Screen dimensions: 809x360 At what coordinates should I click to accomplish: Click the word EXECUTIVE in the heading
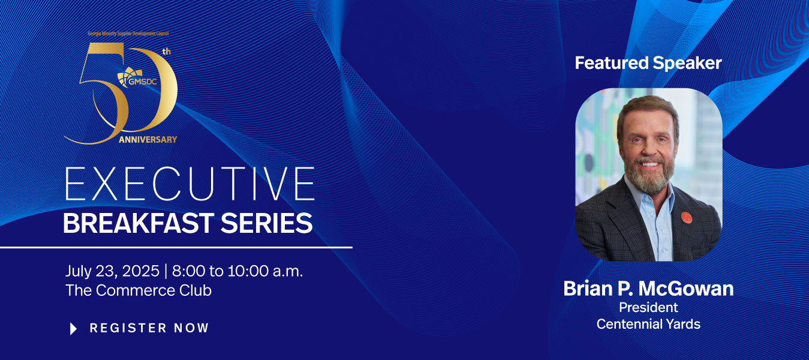(190, 184)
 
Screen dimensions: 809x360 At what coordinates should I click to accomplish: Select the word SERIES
(266, 223)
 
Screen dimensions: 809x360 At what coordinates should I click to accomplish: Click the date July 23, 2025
(112, 271)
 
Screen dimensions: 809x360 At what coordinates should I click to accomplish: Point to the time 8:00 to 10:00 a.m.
(237, 271)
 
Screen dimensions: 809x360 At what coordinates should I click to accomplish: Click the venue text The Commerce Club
(139, 290)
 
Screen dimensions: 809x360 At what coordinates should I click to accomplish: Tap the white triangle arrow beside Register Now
(73, 329)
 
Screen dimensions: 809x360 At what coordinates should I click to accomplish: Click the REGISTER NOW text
(149, 328)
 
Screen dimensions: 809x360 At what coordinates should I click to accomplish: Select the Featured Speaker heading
(648, 63)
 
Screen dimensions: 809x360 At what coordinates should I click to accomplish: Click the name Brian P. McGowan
(648, 289)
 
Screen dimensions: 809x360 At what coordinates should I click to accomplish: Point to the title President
(648, 307)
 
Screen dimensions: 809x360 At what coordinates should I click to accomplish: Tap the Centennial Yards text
(648, 324)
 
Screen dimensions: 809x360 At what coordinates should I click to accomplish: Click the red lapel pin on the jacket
(686, 218)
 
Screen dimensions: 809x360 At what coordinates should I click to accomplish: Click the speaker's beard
(648, 177)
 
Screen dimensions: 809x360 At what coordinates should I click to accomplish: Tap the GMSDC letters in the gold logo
(143, 82)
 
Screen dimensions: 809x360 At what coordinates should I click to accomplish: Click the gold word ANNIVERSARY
(148, 140)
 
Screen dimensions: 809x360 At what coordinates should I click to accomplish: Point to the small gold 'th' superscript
(167, 52)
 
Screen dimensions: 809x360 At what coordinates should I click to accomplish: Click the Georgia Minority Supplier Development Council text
(128, 34)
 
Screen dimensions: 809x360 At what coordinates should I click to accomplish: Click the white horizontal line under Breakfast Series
(176, 248)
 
